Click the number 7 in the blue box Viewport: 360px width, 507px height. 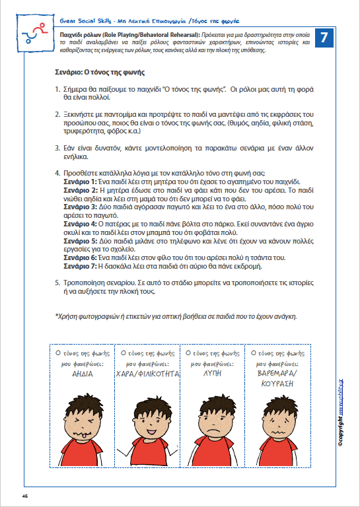tap(324, 38)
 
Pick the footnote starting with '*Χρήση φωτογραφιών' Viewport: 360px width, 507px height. tap(176, 316)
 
